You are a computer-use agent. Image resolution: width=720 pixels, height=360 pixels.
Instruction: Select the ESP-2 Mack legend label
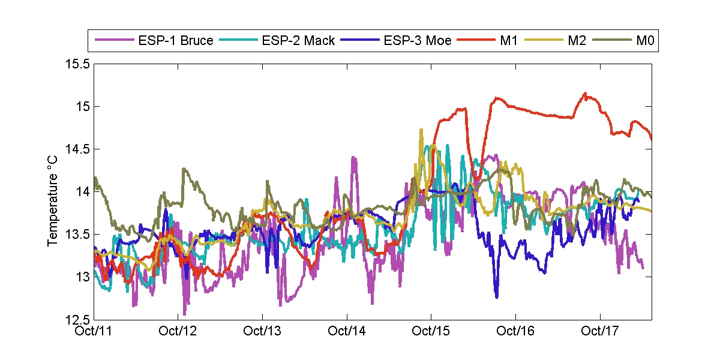(298, 41)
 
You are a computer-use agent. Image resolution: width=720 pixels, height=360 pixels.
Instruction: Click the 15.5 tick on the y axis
(79, 64)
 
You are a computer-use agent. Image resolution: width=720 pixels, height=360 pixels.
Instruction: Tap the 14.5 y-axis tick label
(79, 149)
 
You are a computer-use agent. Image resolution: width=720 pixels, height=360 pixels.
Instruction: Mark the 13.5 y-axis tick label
(79, 234)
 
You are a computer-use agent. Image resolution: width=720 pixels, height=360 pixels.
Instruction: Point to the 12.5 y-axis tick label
(79, 319)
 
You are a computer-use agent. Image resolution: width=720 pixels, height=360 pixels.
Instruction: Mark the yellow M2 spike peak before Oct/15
(421, 129)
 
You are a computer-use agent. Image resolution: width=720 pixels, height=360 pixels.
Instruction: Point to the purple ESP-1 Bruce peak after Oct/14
(354, 158)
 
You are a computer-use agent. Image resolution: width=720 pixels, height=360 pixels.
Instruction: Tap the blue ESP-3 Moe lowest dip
(497, 296)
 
